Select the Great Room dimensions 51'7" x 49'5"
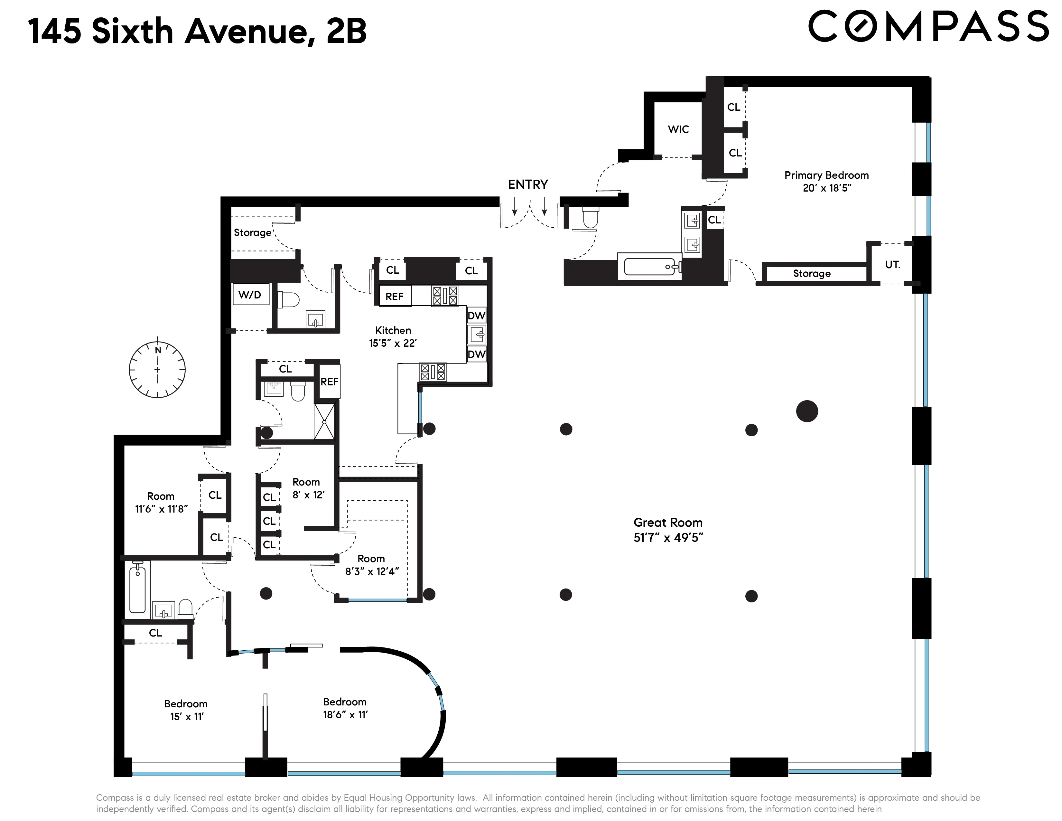coord(668,537)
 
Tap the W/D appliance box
coord(250,295)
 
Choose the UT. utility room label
coord(892,265)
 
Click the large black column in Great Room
coord(807,411)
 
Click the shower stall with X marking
coord(324,422)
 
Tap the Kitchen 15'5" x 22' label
coord(393,336)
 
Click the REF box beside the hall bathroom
coord(329,382)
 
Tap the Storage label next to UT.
coord(812,273)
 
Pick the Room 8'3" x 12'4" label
coord(371,565)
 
